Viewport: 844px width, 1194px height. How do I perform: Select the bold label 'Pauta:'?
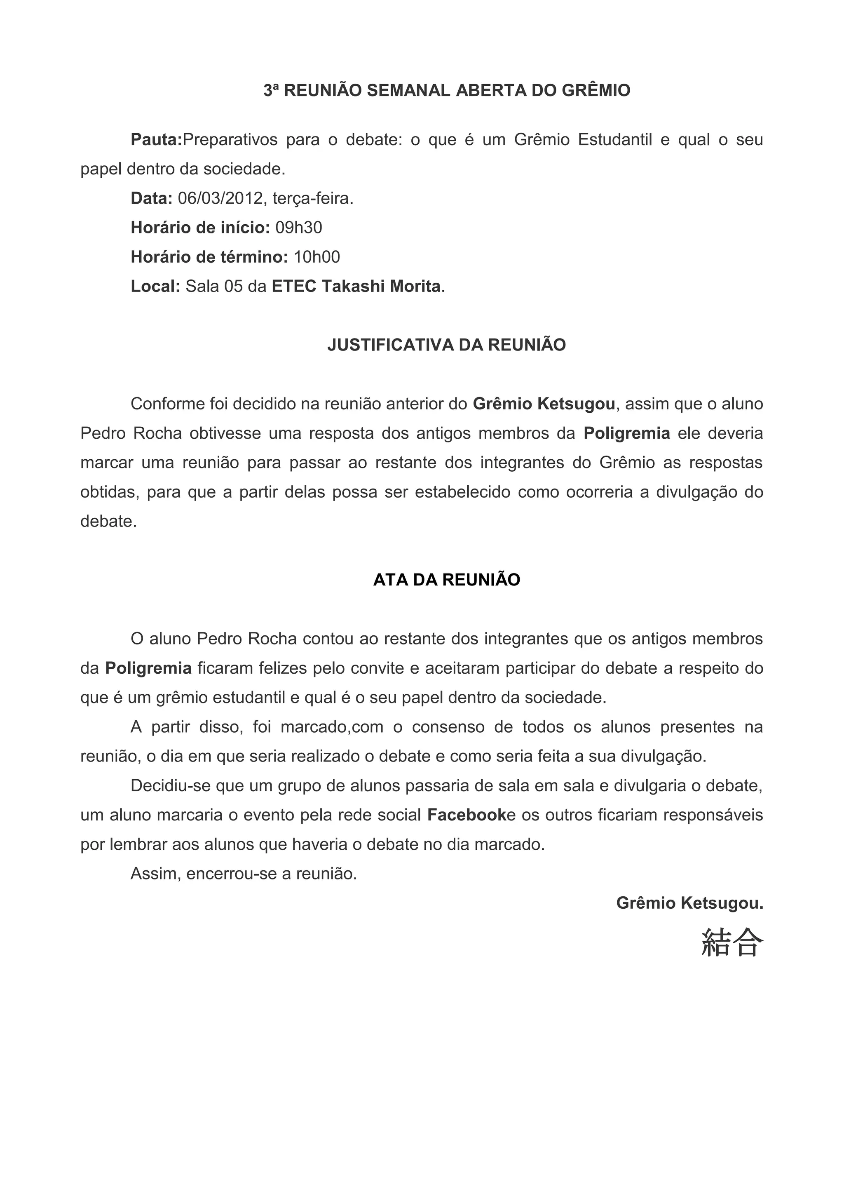pyautogui.click(x=156, y=140)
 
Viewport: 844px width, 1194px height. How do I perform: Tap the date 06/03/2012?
pyautogui.click(x=220, y=199)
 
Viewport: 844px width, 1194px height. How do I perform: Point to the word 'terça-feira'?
pyautogui.click(x=312, y=199)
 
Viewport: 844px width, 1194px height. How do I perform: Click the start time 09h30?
pyautogui.click(x=298, y=228)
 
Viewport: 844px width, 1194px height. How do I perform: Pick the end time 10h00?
pyautogui.click(x=316, y=257)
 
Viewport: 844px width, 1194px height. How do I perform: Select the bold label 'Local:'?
pyautogui.click(x=155, y=287)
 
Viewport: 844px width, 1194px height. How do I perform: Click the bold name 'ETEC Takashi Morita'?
pyautogui.click(x=356, y=287)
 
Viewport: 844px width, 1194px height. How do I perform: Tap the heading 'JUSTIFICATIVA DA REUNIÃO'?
pyautogui.click(x=446, y=346)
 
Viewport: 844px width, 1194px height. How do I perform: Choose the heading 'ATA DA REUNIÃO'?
pyautogui.click(x=446, y=580)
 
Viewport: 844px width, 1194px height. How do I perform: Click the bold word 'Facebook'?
pyautogui.click(x=466, y=815)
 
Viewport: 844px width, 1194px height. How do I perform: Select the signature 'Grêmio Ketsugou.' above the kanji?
pyautogui.click(x=689, y=903)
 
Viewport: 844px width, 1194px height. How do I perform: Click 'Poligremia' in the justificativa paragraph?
pyautogui.click(x=626, y=434)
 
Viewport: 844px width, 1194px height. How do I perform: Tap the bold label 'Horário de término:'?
pyautogui.click(x=209, y=257)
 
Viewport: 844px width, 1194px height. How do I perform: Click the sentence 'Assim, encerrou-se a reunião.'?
pyautogui.click(x=243, y=874)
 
